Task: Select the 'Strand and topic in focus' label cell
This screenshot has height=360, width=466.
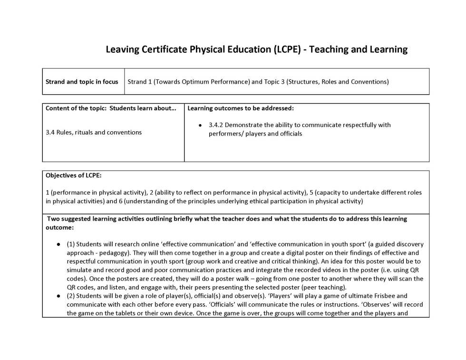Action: [82, 82]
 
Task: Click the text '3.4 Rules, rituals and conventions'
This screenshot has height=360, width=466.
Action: [94, 132]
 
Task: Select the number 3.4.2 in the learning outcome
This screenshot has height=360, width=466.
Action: [216, 125]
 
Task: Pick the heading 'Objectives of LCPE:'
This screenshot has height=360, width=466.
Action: [74, 175]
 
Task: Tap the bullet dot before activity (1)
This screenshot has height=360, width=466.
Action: [58, 244]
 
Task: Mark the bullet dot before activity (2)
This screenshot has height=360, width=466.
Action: [58, 296]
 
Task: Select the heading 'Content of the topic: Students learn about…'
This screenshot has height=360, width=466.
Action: [111, 108]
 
